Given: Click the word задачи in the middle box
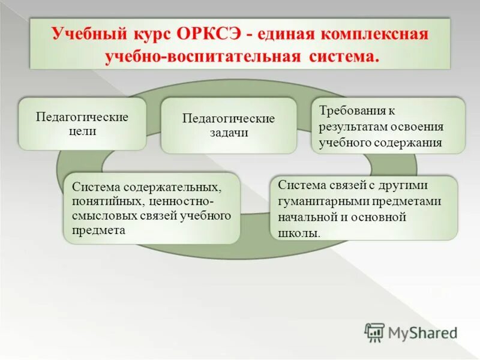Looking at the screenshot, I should click(x=228, y=133).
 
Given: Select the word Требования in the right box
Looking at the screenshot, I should click(x=349, y=112).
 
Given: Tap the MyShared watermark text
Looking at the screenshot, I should click(x=422, y=332).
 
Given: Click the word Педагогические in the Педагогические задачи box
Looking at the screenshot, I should click(x=229, y=118).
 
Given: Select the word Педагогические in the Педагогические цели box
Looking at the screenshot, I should click(x=83, y=116).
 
